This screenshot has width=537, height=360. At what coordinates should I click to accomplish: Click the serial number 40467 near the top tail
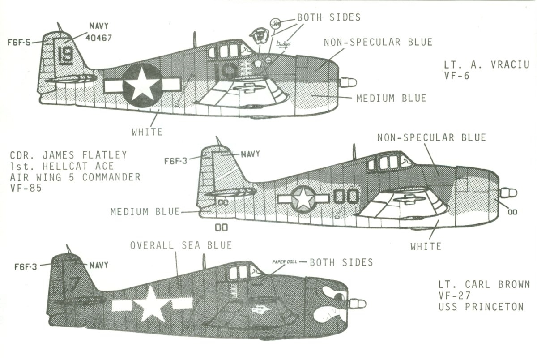(99, 38)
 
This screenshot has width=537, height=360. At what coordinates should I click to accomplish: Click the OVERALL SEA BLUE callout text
(181, 245)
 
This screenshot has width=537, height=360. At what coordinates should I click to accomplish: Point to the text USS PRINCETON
(481, 307)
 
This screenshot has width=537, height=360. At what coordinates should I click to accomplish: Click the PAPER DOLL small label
(284, 261)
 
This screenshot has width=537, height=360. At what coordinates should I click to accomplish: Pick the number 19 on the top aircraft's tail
(66, 55)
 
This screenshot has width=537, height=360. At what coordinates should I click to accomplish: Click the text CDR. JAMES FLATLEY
(68, 155)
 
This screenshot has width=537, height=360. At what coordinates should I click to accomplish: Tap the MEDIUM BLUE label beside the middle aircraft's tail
(145, 211)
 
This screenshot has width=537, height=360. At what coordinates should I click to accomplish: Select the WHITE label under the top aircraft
(147, 132)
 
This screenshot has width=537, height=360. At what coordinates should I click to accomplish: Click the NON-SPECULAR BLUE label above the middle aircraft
(431, 137)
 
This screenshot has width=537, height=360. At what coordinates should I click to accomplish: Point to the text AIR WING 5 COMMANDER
(75, 177)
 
